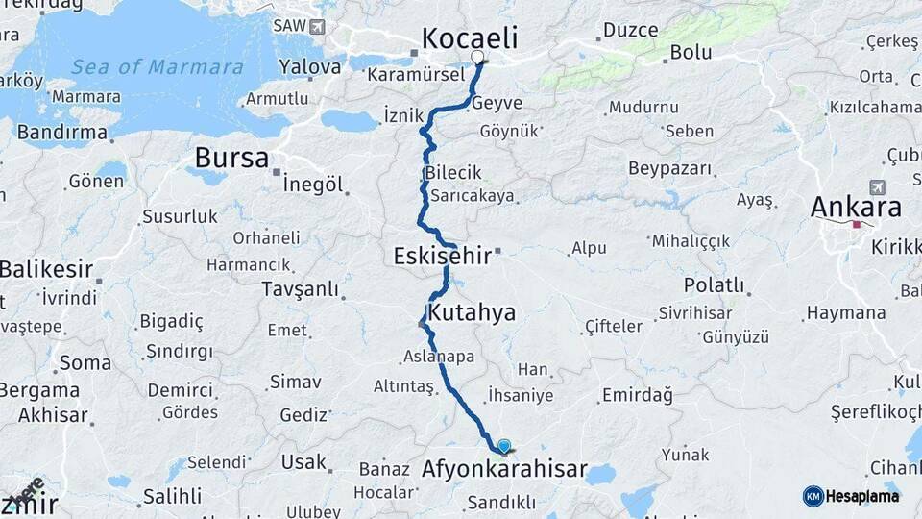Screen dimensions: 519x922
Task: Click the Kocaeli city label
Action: [x=470, y=38]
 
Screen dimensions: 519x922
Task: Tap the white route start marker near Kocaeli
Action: [x=478, y=58]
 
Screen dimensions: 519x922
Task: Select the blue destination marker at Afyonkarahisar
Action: [x=504, y=445]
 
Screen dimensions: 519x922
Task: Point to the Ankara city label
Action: [x=856, y=208]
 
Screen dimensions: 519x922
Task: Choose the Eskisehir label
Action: [x=443, y=257]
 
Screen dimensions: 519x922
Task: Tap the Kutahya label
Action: [x=472, y=312]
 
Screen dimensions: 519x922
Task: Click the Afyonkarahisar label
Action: [x=504, y=470]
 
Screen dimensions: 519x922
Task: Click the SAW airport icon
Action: [x=317, y=26]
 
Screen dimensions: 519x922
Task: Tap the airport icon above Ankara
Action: [x=876, y=186]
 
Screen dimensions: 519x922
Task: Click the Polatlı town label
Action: [x=714, y=285]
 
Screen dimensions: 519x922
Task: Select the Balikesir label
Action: [x=44, y=269]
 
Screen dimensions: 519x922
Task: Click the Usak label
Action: [x=303, y=462]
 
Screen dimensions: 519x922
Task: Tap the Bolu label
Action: [x=691, y=52]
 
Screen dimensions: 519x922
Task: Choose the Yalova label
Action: [x=309, y=67]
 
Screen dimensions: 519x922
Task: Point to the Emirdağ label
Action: [x=637, y=395]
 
